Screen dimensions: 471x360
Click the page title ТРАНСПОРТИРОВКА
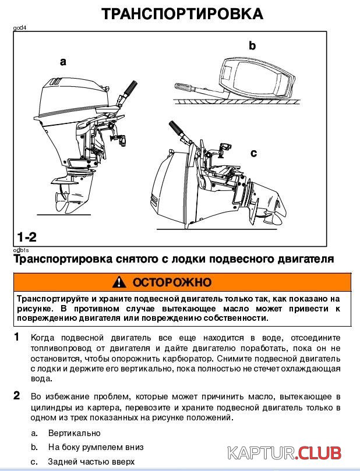[182, 13]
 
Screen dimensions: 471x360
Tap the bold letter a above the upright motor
[63, 61]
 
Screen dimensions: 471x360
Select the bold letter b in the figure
[252, 45]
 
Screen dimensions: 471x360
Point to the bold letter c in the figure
[253, 153]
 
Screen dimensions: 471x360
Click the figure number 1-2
[27, 237]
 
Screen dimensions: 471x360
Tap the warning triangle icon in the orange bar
[120, 282]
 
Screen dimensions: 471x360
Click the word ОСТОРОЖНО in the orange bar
[172, 282]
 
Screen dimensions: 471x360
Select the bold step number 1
[17, 337]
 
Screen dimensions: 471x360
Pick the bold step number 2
[17, 396]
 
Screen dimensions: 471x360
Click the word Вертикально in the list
[74, 433]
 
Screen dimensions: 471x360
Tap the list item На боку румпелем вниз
[96, 447]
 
